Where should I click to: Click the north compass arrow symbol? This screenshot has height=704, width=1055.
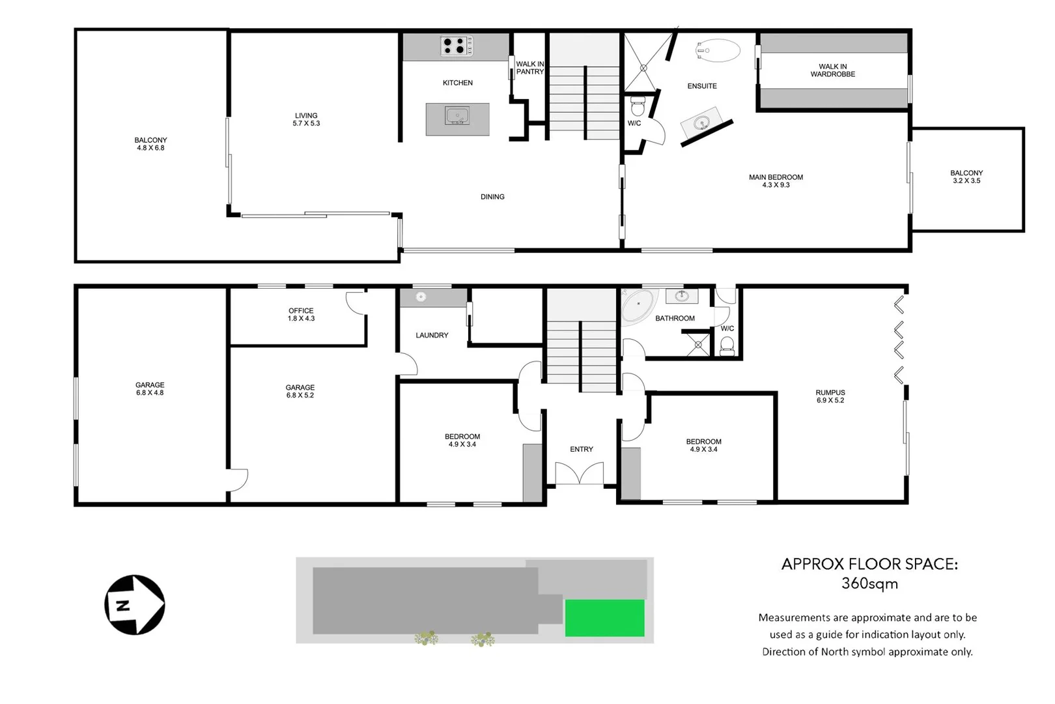(x=135, y=605)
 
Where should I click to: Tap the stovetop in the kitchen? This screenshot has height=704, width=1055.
(x=457, y=46)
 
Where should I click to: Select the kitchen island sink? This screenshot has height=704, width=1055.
(x=457, y=117)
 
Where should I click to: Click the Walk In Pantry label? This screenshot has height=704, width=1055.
(x=529, y=68)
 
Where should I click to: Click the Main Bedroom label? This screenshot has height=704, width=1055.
(x=776, y=181)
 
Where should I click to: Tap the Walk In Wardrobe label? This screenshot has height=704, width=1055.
(x=833, y=70)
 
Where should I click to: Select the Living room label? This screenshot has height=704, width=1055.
(x=306, y=119)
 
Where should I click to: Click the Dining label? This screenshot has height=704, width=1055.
(x=492, y=197)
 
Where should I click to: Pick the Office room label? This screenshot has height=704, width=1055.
(x=301, y=314)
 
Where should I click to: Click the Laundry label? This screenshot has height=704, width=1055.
(x=432, y=335)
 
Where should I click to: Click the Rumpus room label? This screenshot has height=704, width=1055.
(x=830, y=396)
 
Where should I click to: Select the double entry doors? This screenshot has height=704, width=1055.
(x=579, y=473)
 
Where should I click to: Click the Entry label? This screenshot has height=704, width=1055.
(x=582, y=449)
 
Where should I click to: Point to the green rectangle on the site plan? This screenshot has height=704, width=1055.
(x=604, y=618)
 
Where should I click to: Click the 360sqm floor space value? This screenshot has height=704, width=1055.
(x=869, y=583)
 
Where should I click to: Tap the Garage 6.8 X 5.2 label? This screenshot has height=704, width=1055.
(x=300, y=391)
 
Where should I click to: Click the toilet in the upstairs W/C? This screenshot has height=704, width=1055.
(x=638, y=106)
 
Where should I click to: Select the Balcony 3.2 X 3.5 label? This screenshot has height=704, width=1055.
(x=966, y=177)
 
